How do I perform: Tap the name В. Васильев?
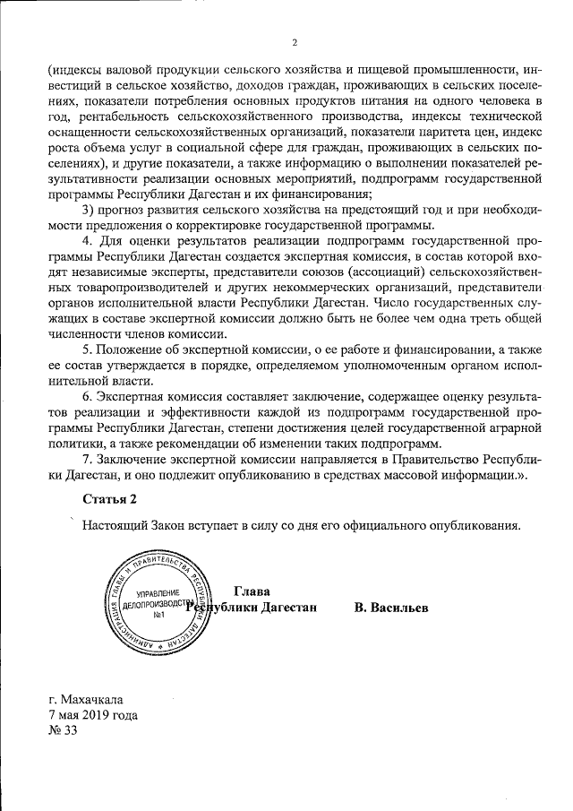(390, 608)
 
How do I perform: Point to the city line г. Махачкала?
(88, 700)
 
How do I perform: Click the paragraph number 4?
(85, 242)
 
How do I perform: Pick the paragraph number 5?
(85, 347)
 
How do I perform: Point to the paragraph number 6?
(85, 398)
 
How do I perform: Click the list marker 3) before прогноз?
(88, 209)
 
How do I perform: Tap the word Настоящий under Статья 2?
(112, 525)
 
